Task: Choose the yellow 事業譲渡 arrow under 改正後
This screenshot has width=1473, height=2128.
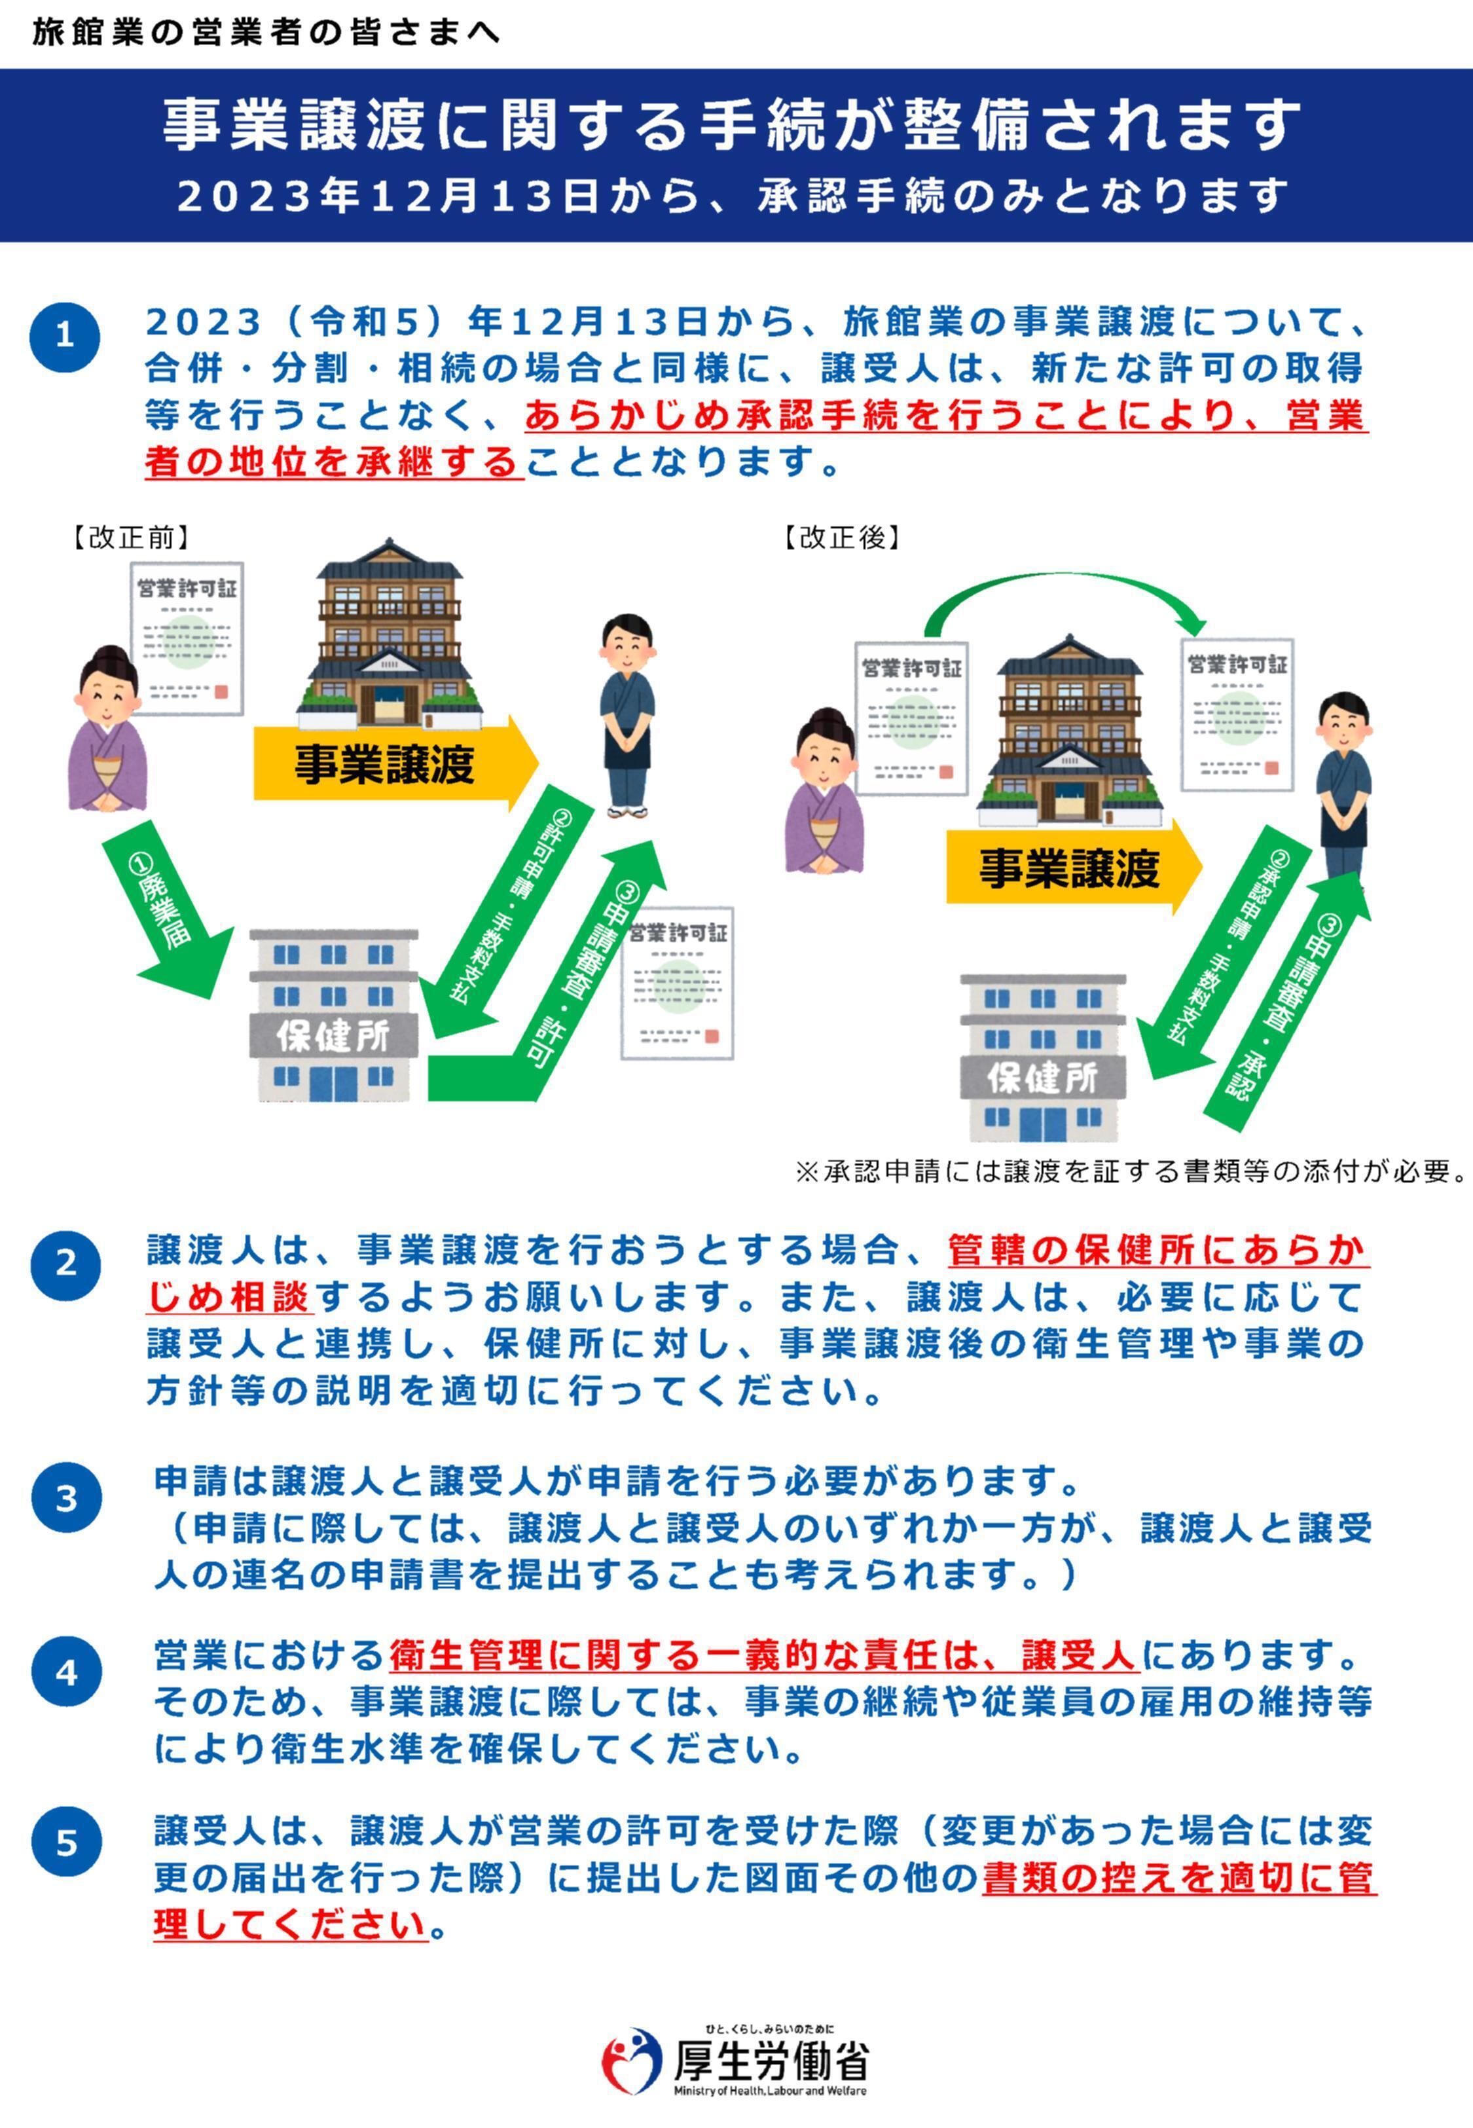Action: click(1070, 868)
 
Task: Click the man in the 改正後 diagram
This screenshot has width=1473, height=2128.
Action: click(1343, 784)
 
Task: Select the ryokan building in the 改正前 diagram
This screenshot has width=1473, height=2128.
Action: click(389, 636)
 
